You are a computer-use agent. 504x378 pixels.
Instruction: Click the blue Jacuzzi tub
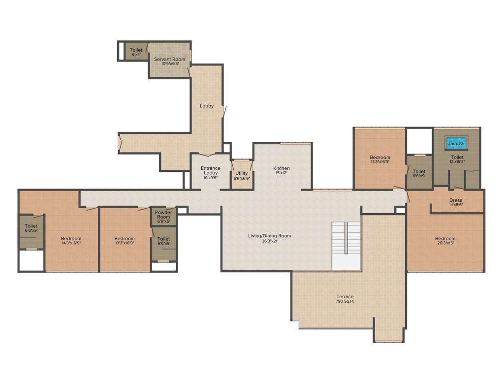(x=456, y=144)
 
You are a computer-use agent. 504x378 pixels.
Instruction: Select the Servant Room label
(x=169, y=60)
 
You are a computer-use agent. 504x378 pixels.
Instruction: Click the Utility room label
(x=242, y=173)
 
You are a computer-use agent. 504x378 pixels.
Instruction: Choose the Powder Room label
(x=163, y=215)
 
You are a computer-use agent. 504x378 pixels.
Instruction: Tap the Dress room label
(x=456, y=200)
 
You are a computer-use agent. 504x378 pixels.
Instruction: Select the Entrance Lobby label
(x=211, y=170)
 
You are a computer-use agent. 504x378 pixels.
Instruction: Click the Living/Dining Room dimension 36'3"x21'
(x=270, y=241)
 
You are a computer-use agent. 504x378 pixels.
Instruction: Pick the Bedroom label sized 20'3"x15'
(x=445, y=239)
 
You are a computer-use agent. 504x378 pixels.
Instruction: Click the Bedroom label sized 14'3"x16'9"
(x=71, y=239)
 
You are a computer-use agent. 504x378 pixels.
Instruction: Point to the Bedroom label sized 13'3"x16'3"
(x=380, y=157)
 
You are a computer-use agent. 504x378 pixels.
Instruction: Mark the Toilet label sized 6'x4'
(x=136, y=50)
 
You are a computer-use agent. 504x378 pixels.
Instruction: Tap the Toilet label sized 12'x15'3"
(x=457, y=157)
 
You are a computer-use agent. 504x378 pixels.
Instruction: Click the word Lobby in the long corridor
(x=207, y=106)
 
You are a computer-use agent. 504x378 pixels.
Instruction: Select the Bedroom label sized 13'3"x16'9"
(x=124, y=239)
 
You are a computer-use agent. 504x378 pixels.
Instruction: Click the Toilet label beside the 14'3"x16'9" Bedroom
(x=31, y=226)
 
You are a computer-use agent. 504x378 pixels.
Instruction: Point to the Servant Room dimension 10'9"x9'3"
(x=169, y=63)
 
